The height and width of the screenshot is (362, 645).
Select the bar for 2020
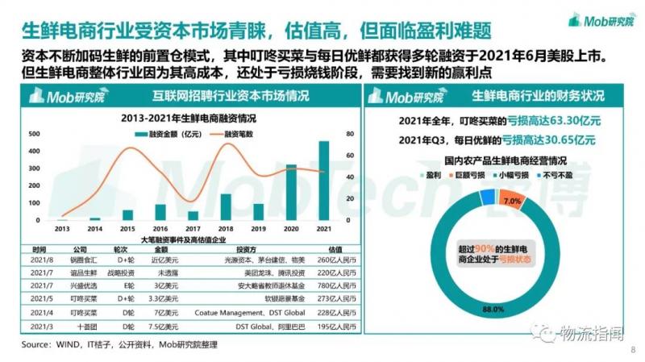291,192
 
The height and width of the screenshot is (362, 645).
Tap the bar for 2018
226,206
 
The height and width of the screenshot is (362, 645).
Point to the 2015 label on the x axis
127,228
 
